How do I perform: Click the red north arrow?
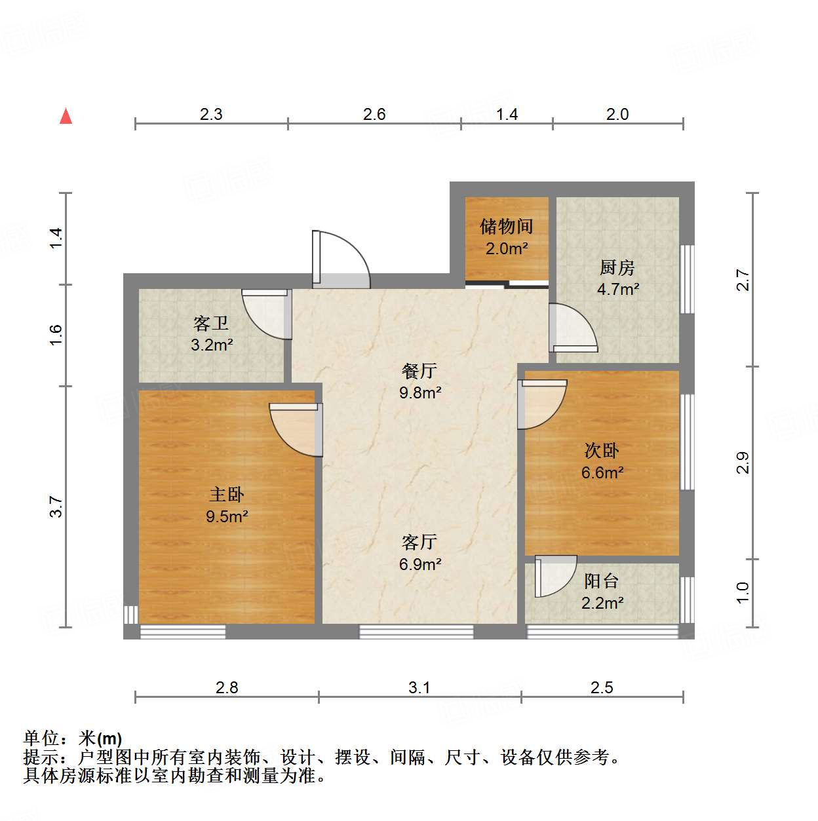[x=66, y=117]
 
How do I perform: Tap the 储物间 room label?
[x=506, y=227]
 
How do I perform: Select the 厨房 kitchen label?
[x=617, y=268]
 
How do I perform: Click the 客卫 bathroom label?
[x=211, y=324]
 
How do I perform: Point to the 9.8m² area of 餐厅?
[x=420, y=393]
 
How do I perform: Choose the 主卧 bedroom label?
[x=226, y=495]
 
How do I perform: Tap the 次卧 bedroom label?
[x=602, y=451]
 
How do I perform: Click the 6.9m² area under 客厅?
[x=420, y=564]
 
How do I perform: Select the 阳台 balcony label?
[x=602, y=581]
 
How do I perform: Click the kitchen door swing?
[x=572, y=328]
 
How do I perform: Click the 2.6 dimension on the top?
[x=374, y=115]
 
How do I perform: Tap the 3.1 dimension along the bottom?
[x=419, y=687]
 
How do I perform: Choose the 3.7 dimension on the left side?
[x=56, y=506]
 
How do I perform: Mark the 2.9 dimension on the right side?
[x=743, y=463]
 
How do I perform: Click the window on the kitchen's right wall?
[x=687, y=278]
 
